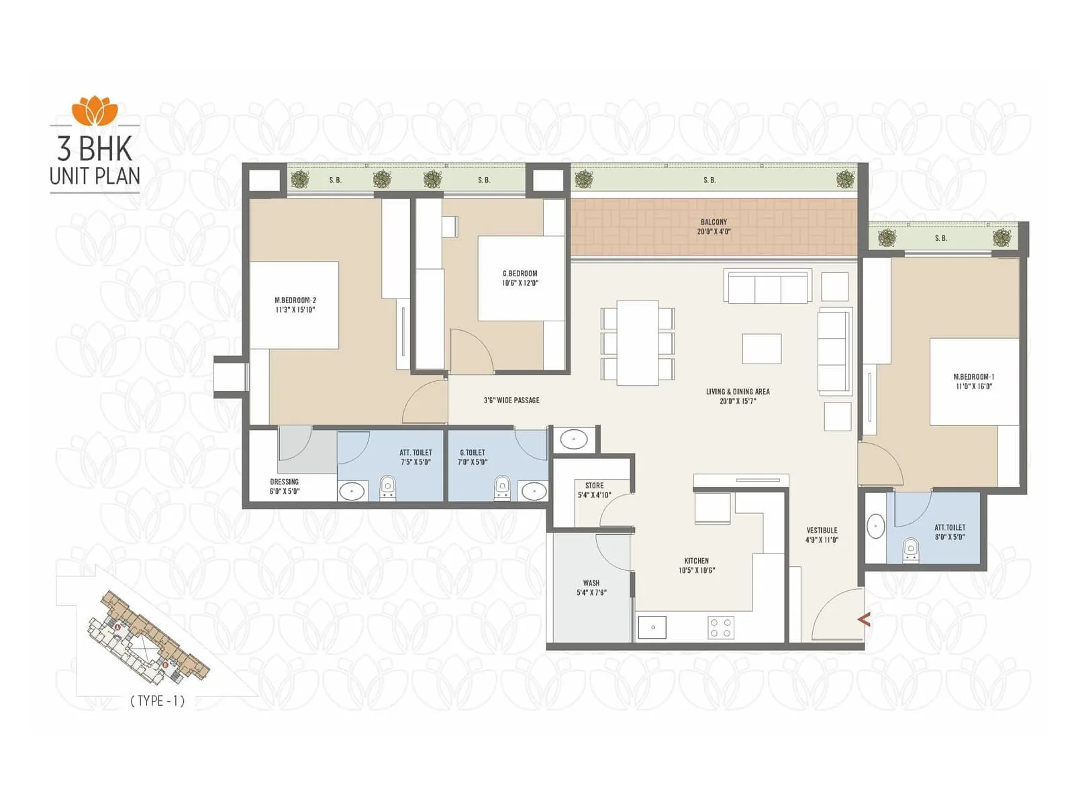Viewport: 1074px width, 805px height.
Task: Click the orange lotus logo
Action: [95, 111]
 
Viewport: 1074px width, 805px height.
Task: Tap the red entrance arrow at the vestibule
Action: [864, 619]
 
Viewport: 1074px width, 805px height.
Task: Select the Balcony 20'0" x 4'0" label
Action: [714, 227]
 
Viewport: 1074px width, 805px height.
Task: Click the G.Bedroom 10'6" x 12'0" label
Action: [520, 278]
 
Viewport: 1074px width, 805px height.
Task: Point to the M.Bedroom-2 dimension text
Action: [295, 310]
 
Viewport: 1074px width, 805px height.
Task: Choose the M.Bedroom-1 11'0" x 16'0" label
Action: [974, 382]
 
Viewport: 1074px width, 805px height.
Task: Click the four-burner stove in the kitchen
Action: [721, 628]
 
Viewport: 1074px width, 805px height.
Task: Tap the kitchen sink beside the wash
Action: [652, 627]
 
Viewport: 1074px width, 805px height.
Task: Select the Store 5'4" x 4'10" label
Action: [594, 490]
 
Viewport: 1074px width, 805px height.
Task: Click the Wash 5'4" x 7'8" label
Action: [591, 588]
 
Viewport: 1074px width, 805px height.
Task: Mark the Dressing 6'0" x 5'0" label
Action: [285, 486]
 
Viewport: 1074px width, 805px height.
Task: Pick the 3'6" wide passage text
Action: [511, 400]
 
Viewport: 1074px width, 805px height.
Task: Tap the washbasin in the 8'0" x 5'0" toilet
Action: [875, 527]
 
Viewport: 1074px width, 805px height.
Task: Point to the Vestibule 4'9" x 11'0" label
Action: [822, 535]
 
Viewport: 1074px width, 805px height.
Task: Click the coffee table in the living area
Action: [761, 349]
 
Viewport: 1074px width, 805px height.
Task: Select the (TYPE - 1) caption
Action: [157, 701]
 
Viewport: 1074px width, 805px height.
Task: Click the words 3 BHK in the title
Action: [95, 149]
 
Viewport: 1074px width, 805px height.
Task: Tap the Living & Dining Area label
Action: [738, 396]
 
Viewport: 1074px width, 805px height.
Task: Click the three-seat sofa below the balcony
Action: [768, 287]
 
